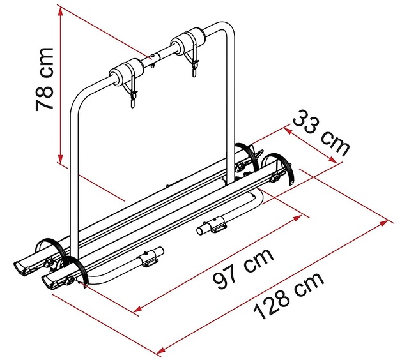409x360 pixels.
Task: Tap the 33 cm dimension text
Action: [x=321, y=133]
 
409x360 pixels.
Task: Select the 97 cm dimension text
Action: [x=244, y=270]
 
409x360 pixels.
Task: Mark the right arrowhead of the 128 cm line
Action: [x=387, y=221]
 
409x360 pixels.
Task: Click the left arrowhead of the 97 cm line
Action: [x=136, y=311]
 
